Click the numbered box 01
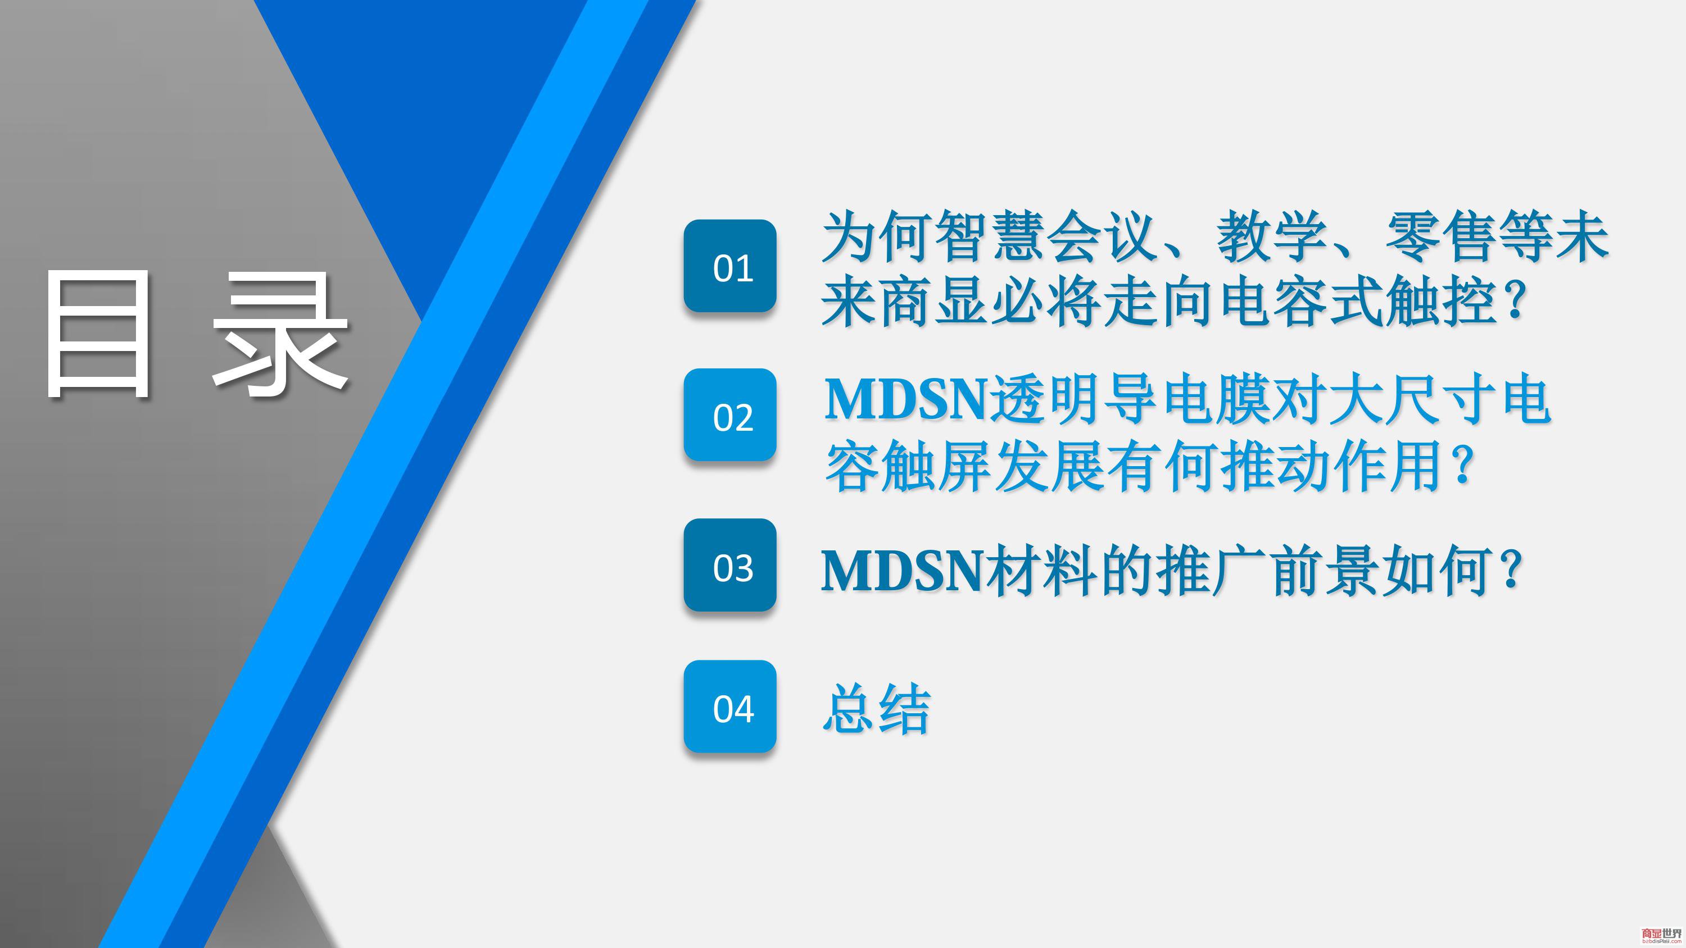coord(730,266)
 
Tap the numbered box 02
coord(730,415)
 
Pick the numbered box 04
coord(730,706)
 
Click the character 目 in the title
coord(98,333)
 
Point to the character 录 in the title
coord(279,333)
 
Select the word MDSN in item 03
coord(903,571)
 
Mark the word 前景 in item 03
coord(1327,571)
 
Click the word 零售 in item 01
coord(1440,236)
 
